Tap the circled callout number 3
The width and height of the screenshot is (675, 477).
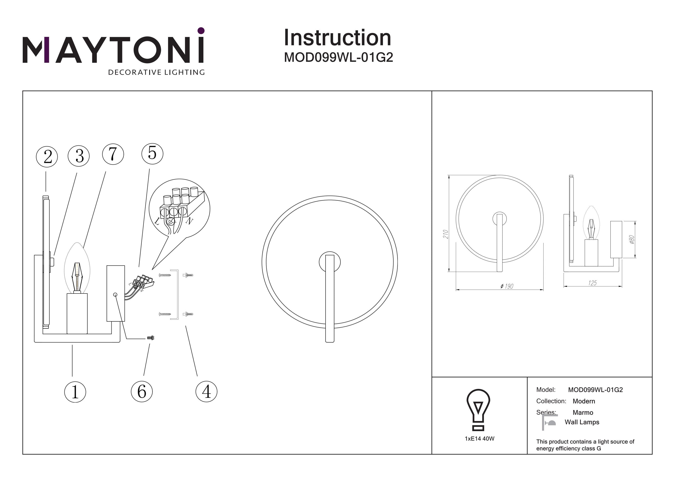[79, 156]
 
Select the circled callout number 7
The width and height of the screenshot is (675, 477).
[113, 154]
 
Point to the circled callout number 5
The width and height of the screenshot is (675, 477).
[152, 153]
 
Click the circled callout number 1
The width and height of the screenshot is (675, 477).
[75, 392]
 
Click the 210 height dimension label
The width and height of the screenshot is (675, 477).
[446, 234]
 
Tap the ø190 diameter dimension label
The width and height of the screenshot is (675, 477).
[507, 286]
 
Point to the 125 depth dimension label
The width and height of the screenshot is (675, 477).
[592, 283]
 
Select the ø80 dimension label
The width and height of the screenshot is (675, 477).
[632, 240]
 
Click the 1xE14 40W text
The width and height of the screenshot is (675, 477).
[479, 439]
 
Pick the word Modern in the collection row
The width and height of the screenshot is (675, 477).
[584, 401]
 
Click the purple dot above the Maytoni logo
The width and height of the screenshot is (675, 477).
[201, 31]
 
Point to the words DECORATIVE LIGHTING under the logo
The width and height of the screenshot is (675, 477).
[156, 72]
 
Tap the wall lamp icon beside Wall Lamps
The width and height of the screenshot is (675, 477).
[549, 423]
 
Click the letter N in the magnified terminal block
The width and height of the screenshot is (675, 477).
[190, 220]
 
